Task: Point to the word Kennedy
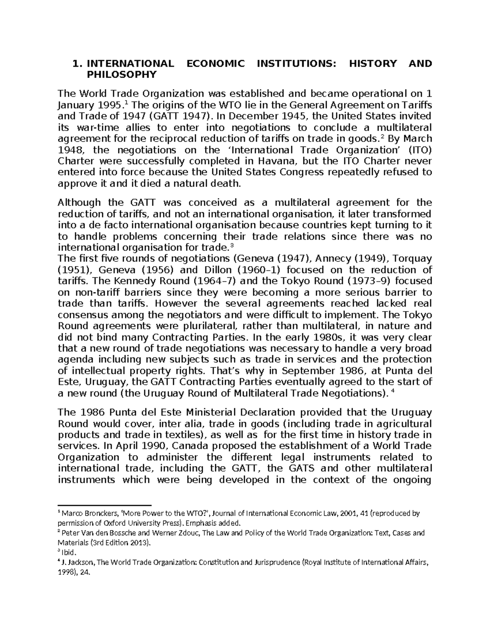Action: [133, 281]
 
